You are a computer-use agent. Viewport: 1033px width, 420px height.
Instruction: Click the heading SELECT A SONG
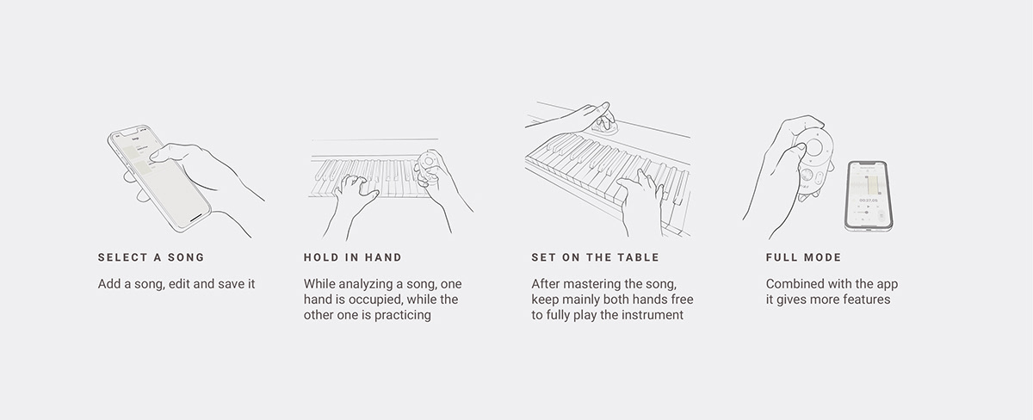click(151, 257)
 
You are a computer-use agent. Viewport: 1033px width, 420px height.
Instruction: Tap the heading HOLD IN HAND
click(353, 257)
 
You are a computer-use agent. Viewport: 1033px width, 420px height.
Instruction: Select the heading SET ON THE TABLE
click(596, 257)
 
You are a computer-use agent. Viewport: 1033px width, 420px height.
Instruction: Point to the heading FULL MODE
click(804, 257)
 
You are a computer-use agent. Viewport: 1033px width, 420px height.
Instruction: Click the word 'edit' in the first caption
click(179, 284)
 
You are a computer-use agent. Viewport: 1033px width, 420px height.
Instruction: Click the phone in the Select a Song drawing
click(159, 178)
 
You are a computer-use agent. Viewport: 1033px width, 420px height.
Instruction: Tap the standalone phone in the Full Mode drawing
click(869, 196)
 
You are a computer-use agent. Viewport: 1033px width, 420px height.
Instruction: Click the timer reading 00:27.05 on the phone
click(869, 201)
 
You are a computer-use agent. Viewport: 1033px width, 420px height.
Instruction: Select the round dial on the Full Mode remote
click(814, 147)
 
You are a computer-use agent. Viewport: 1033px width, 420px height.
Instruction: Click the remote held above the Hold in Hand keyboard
click(429, 166)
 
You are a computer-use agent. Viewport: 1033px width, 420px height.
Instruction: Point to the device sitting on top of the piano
click(604, 124)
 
